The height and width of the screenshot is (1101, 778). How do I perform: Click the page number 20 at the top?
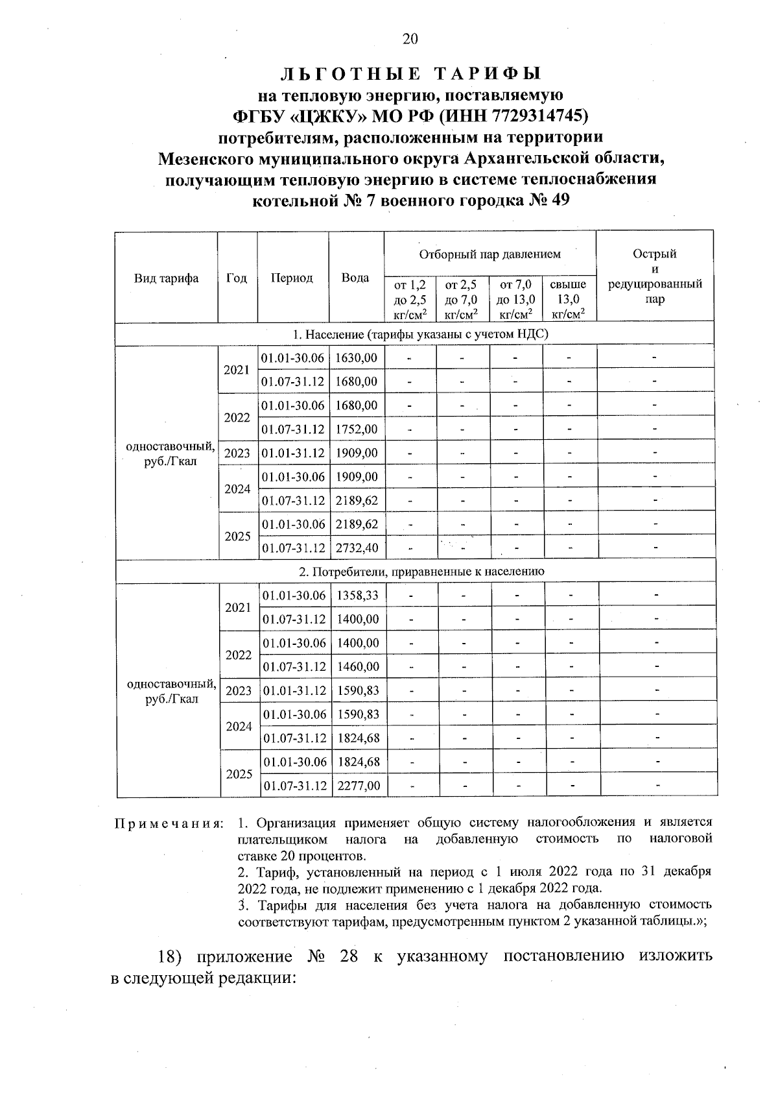pos(410,39)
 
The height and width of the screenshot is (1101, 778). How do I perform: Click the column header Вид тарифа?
pos(166,278)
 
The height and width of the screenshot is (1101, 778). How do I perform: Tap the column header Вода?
pos(355,278)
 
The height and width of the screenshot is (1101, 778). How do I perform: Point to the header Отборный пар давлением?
pos(489,254)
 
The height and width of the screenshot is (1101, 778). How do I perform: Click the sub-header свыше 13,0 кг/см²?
pos(568,299)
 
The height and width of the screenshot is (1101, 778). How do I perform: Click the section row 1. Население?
pos(415,334)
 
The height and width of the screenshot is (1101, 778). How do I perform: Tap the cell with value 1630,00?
pos(356,357)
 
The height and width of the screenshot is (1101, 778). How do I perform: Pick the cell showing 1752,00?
pos(356,429)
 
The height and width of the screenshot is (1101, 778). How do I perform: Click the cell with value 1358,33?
pos(357,595)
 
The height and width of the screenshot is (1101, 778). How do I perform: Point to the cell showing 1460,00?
pos(357,666)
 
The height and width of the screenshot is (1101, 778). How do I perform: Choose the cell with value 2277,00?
pos(358,786)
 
